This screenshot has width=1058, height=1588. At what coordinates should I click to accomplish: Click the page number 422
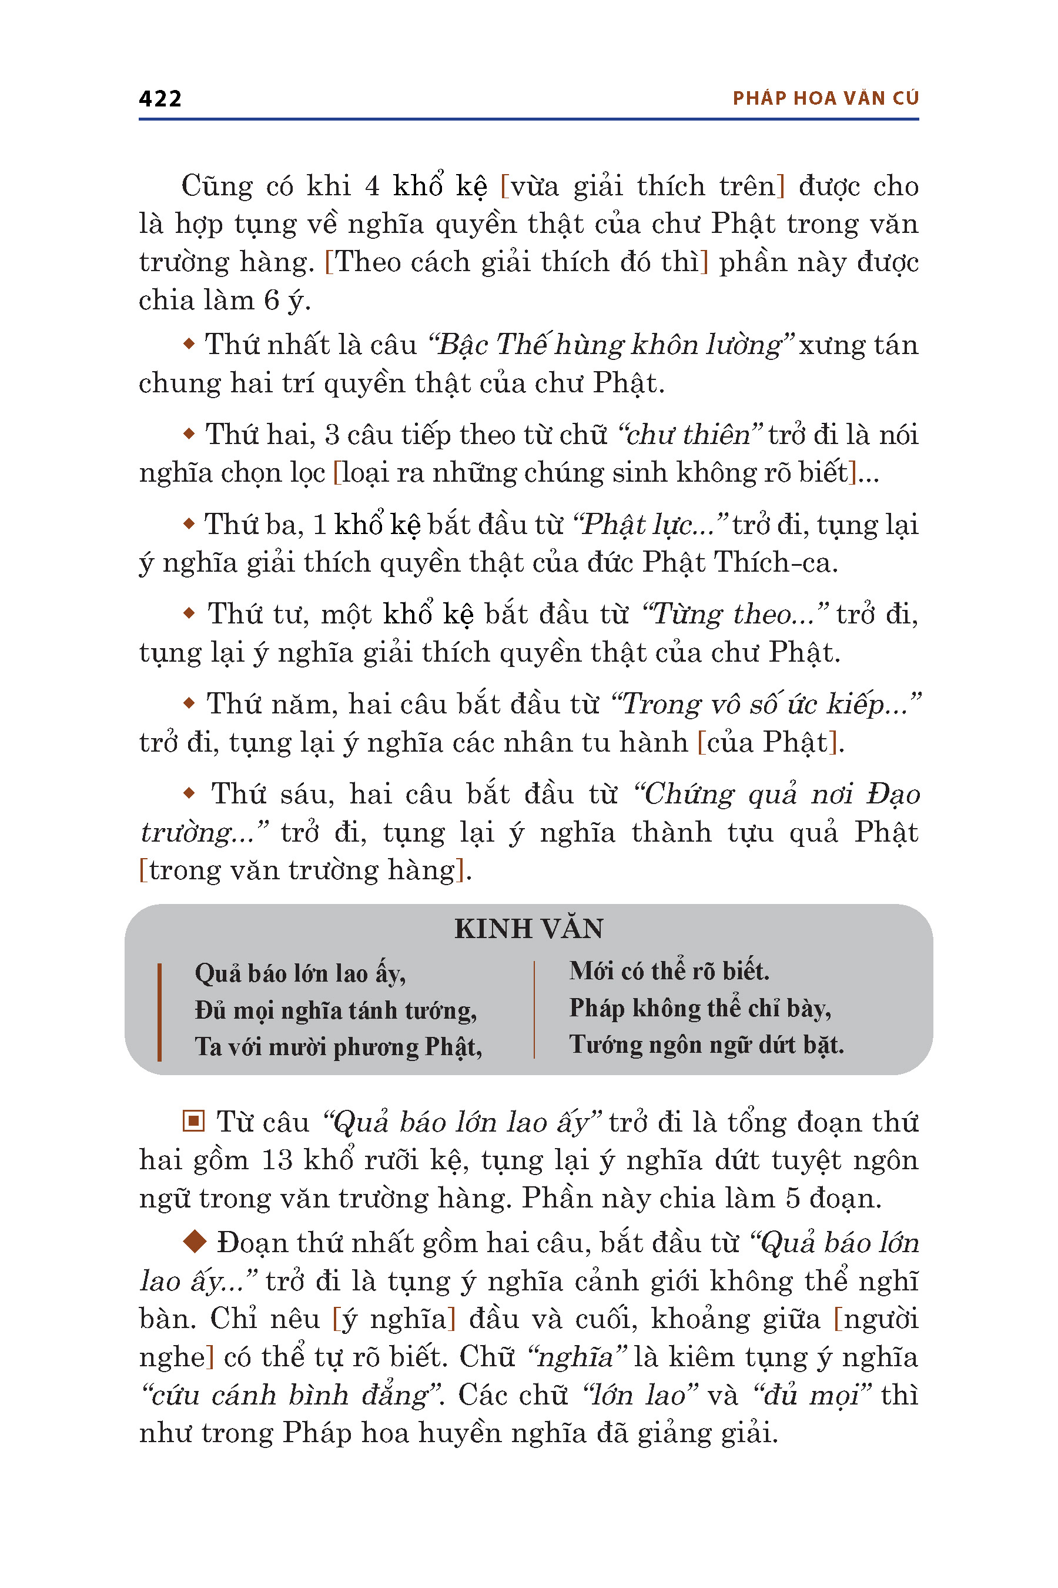pos(160,99)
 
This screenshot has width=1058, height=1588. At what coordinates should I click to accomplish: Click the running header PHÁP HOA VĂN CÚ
pos(825,99)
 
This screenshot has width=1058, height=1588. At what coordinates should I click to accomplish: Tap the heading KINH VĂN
pos(528,929)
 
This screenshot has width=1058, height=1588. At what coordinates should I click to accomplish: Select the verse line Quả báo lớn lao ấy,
pos(300,973)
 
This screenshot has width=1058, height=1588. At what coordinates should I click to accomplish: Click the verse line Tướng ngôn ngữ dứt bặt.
pos(706,1045)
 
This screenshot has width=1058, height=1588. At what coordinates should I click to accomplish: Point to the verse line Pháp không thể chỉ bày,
pos(699,1008)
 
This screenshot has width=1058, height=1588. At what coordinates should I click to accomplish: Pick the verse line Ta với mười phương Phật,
pos(338,1046)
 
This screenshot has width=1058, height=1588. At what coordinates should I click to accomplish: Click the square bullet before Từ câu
pos(193,1122)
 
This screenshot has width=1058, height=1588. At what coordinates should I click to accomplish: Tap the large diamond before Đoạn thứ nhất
pos(195,1240)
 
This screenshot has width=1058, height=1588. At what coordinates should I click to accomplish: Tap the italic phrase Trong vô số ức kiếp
pos(765,704)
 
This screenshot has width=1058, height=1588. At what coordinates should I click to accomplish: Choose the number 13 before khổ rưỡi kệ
pos(276,1160)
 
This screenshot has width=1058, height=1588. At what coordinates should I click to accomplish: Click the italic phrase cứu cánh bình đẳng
pos(295,1395)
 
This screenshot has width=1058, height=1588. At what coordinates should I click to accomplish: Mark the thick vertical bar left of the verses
pos(159,1012)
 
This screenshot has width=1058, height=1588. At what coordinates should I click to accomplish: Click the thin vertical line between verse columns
pos(534,1009)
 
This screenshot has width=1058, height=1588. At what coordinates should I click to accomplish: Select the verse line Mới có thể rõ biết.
pos(669,972)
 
